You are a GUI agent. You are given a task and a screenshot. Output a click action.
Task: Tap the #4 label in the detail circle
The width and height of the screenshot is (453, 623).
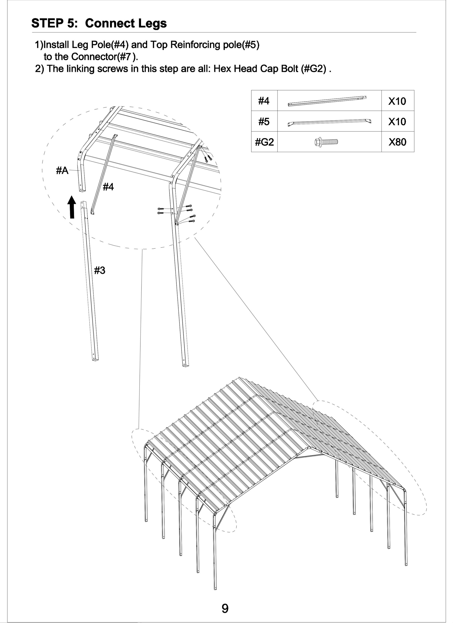coord(108,187)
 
